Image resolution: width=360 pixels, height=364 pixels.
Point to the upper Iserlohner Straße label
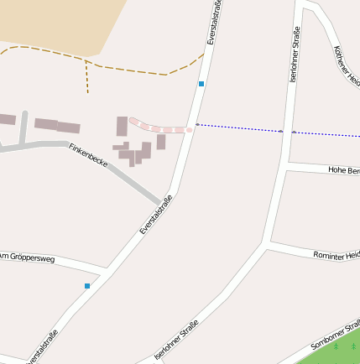pos(295,53)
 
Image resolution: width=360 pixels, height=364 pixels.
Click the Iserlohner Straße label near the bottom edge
pos(177,338)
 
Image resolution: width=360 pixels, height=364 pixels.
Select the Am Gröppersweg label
pos(27,257)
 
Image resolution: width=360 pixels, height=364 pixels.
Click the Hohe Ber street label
pos(343,170)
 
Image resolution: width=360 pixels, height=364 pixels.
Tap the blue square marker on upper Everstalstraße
pos(201,84)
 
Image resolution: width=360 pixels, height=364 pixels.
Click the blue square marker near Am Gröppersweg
pos(87,286)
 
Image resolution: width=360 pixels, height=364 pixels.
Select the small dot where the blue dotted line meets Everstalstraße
pos(197,124)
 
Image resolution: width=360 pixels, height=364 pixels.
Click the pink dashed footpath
pos(159,128)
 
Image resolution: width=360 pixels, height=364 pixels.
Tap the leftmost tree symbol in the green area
pos(336,346)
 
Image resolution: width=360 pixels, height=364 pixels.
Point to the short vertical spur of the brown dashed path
pos(86,76)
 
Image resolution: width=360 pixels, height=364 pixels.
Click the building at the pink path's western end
pos(122,127)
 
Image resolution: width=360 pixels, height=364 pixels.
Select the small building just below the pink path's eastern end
pos(161,142)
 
